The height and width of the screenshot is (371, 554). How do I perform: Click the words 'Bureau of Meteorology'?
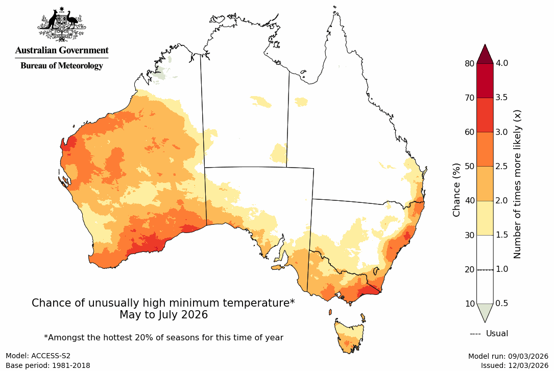click(x=62, y=66)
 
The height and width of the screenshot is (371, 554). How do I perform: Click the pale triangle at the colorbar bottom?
click(x=485, y=312)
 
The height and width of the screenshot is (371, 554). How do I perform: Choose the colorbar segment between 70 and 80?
click(x=485, y=81)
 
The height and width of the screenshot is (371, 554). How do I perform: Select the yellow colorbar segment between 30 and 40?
click(x=485, y=218)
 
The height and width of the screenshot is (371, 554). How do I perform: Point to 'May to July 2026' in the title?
click(x=163, y=315)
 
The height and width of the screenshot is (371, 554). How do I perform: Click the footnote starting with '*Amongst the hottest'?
click(x=163, y=337)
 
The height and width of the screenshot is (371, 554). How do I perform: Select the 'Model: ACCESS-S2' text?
click(x=38, y=356)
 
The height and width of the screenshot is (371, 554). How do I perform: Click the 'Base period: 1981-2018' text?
click(x=47, y=365)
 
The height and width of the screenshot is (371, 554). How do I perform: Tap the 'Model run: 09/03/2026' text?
click(x=508, y=356)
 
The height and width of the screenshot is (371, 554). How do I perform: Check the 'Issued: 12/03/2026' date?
click(x=514, y=365)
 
